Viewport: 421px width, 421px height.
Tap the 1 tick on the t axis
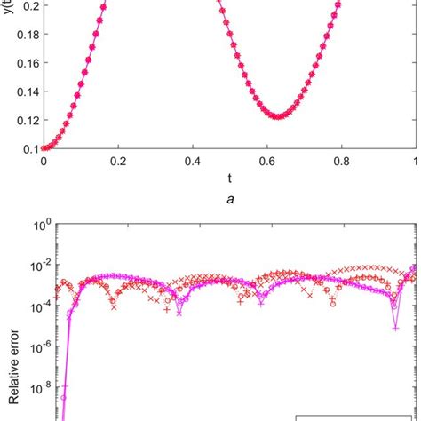coord(415,162)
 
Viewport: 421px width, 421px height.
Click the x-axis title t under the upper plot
coord(229,178)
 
